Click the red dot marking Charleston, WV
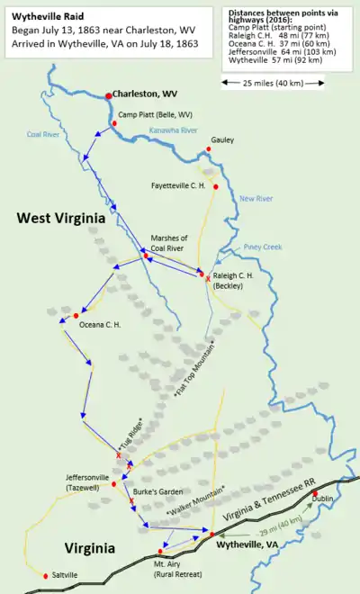coord(108,95)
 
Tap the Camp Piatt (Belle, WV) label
coord(155,114)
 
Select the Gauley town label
coord(222,140)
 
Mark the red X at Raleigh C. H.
coord(208,280)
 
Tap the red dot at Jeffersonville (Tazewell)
coord(113,484)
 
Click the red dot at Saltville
coord(46,575)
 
